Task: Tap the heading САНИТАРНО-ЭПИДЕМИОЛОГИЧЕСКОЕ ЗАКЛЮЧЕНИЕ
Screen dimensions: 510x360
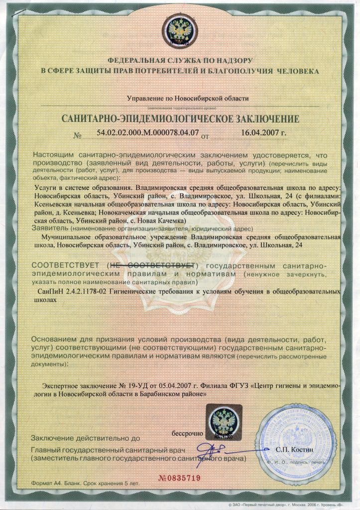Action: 180,119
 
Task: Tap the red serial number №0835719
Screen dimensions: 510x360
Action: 179,478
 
